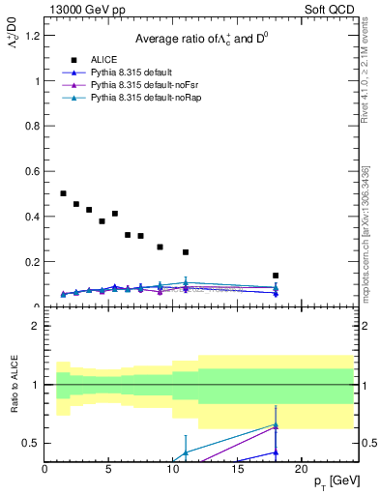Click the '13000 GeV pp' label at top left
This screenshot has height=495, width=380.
(84, 10)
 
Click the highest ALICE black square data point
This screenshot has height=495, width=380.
(64, 193)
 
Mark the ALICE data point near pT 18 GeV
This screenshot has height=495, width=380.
(276, 276)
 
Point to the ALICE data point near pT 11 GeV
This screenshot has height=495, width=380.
(186, 252)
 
